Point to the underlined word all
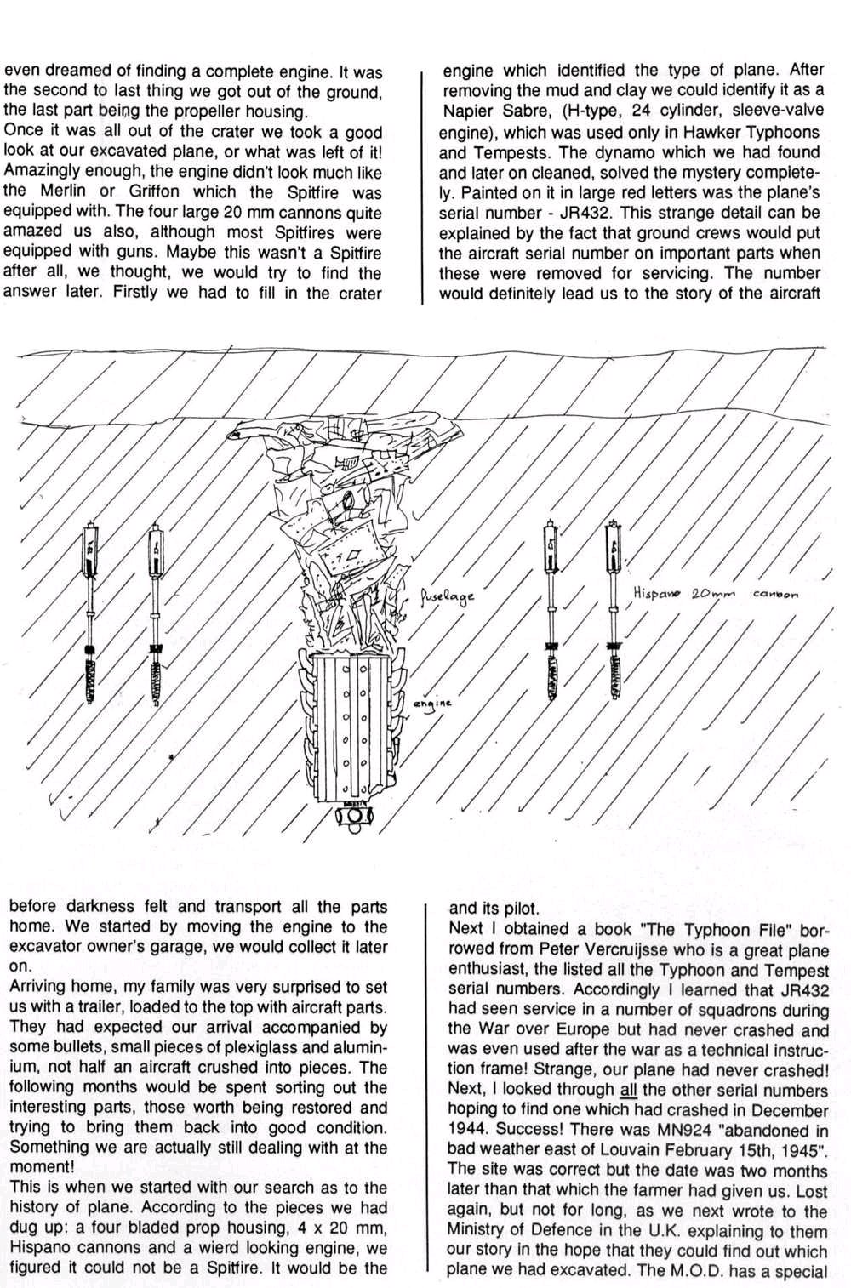[629, 1091]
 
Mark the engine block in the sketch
[351, 727]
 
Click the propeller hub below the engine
[351, 816]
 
